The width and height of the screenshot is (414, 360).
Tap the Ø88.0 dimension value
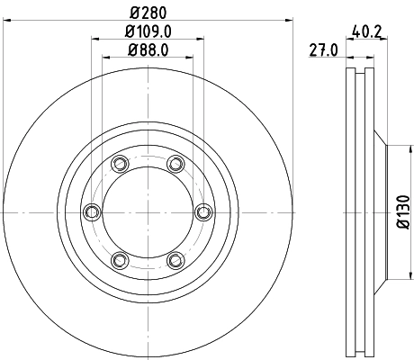(148, 50)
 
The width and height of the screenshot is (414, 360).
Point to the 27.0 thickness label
(322, 50)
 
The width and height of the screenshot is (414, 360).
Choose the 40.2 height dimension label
(366, 31)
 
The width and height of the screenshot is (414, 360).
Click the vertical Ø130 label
(402, 211)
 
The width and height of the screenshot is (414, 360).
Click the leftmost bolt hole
(91, 211)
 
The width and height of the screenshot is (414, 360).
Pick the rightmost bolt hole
(202, 211)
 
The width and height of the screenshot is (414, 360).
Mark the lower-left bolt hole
(119, 260)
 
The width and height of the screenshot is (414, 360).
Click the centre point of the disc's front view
(147, 211)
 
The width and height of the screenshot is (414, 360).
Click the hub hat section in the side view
(378, 211)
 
